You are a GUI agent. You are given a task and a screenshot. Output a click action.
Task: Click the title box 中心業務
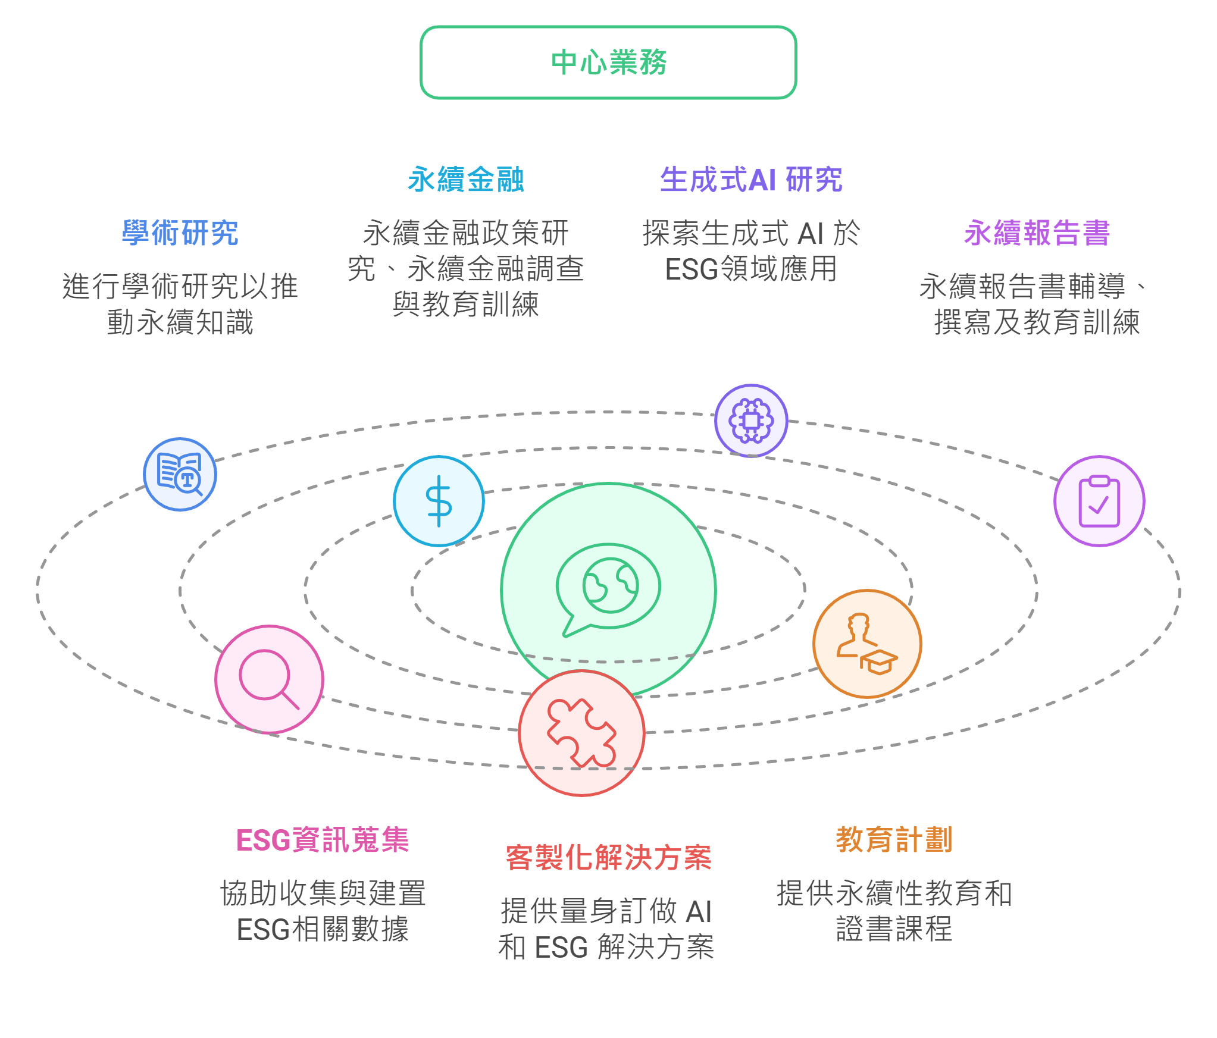[x=608, y=62]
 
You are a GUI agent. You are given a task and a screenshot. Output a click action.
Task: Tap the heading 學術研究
[x=180, y=233]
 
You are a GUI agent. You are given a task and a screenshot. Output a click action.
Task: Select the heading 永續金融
[x=465, y=179]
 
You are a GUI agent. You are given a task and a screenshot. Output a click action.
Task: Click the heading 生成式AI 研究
[x=751, y=179]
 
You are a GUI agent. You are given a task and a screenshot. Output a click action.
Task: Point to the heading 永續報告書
[x=1037, y=233]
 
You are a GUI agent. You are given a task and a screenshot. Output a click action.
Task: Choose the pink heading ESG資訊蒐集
[x=323, y=840]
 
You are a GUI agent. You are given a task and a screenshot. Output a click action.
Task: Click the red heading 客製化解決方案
[x=608, y=858]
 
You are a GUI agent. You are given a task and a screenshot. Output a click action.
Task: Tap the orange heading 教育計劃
[x=894, y=840]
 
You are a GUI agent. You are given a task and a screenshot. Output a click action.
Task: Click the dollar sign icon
[x=439, y=501]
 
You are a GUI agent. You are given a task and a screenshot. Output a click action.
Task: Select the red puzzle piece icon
[x=581, y=733]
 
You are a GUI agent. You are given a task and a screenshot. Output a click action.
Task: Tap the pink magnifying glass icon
[x=269, y=679]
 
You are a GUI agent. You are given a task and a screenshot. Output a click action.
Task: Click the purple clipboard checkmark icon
[x=1099, y=501]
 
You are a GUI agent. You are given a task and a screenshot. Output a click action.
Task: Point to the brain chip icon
[x=751, y=421]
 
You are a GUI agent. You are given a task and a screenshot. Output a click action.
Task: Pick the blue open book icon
[x=180, y=474]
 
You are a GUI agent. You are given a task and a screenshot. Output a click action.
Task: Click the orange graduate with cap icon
[x=867, y=644]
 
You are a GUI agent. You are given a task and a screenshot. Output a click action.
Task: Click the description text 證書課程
[x=894, y=929]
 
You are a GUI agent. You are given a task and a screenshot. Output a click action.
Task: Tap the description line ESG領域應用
[x=751, y=269]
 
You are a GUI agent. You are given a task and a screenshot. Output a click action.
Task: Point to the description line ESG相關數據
[x=323, y=929]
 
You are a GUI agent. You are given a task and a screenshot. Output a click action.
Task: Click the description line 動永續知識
[x=180, y=322]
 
